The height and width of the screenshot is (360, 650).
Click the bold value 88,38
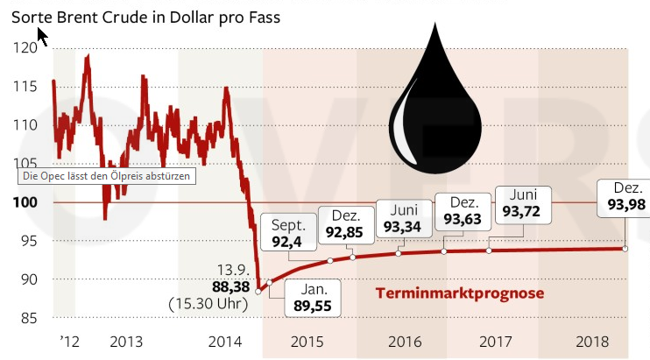(x=231, y=286)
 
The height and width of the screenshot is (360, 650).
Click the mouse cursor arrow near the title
(x=42, y=37)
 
